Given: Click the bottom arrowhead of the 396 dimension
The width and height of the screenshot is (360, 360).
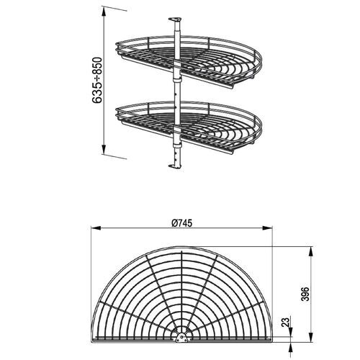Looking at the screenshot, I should pyautogui.click(x=312, y=338).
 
